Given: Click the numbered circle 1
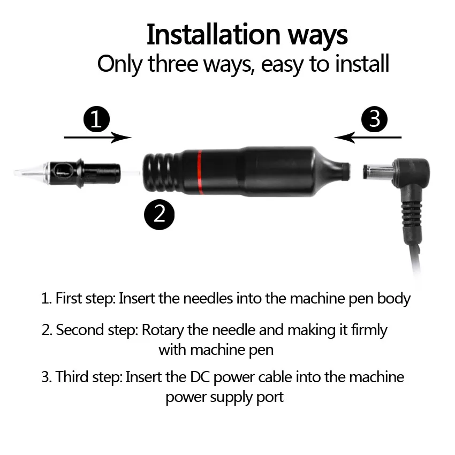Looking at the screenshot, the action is tap(97, 119).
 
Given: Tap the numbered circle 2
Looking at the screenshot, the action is tap(160, 215).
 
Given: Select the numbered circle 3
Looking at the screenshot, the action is tap(374, 119).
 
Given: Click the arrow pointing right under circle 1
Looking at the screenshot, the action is tap(98, 137).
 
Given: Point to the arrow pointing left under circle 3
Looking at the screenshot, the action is tap(368, 137).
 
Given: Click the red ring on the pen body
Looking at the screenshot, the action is tap(200, 172).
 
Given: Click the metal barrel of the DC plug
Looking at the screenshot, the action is tap(377, 171).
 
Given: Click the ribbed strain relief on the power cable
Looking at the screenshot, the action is tap(411, 214).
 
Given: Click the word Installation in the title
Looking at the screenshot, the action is tap(213, 35).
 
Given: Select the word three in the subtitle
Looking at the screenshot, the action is tap(173, 64).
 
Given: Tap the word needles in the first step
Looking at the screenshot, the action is tap(208, 298).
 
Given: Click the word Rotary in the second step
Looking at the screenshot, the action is tap(163, 330).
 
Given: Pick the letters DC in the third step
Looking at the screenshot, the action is tap(200, 377).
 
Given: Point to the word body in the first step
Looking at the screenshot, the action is tap(394, 299).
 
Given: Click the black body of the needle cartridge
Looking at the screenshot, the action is tap(84, 173).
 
